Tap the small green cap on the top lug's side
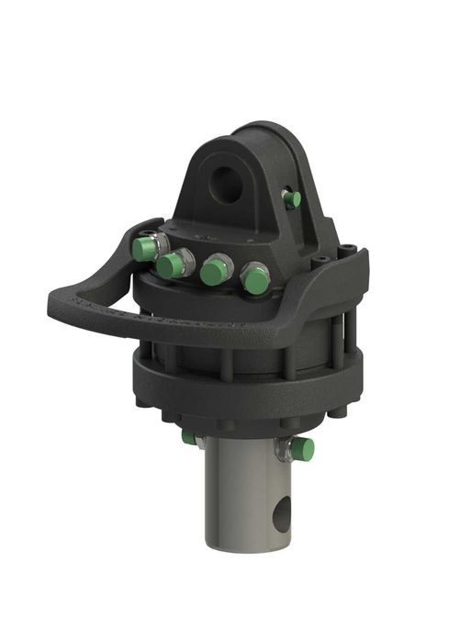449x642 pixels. pyautogui.click(x=292, y=199)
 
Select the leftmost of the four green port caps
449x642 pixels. pyautogui.click(x=143, y=249)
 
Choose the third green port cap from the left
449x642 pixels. pyautogui.click(x=216, y=271)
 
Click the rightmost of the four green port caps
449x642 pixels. pyautogui.click(x=254, y=279)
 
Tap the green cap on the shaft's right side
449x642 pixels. pyautogui.click(x=302, y=449)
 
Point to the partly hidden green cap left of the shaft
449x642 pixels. pyautogui.click(x=189, y=437)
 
